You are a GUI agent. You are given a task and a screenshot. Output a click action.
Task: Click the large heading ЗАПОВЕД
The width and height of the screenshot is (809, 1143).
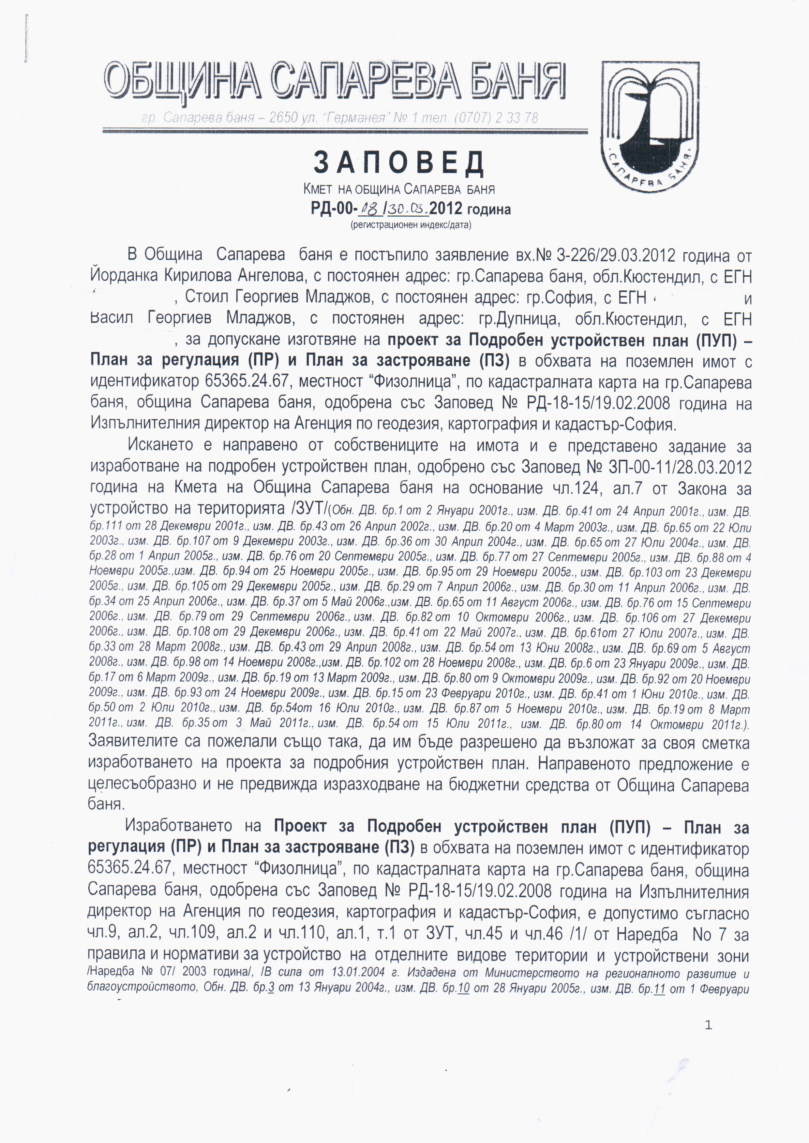point(398,163)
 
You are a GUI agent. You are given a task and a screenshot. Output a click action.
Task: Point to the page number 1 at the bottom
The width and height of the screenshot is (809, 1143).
point(708,1025)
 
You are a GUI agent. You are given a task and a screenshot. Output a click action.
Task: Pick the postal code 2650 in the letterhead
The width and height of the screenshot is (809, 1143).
point(283,118)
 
